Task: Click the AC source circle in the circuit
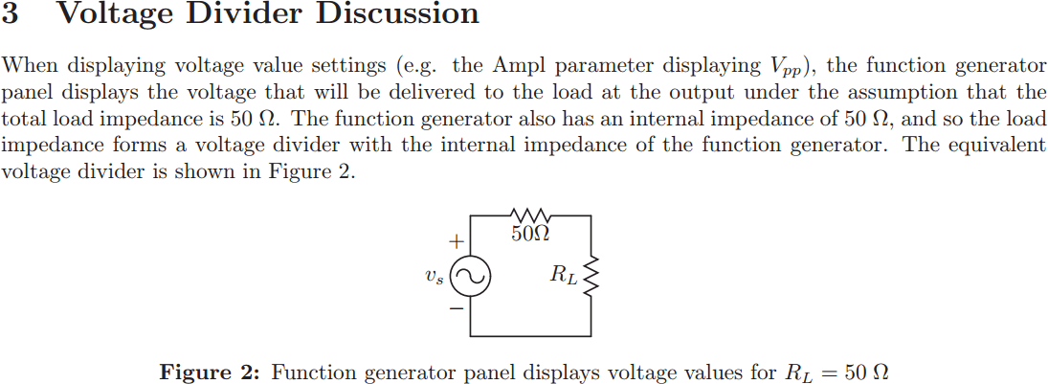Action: [x=470, y=277]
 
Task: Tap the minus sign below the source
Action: [x=458, y=309]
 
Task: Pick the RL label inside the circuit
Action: [x=565, y=276]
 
